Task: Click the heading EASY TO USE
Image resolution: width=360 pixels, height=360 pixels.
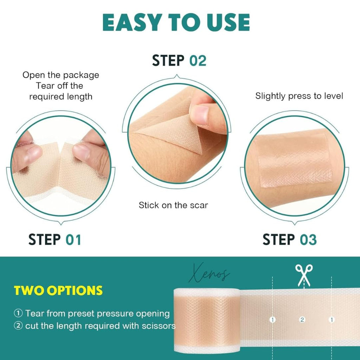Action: coord(176,23)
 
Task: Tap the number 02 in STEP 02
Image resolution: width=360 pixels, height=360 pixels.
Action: coord(198,60)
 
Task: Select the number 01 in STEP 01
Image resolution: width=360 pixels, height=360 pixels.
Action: coord(73,240)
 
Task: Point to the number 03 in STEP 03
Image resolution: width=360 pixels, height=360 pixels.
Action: coord(308,240)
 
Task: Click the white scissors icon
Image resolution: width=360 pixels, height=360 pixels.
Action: coord(304,275)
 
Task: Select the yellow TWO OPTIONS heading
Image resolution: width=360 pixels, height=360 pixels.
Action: coord(58,291)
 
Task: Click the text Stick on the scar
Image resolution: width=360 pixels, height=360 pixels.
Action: coord(173,205)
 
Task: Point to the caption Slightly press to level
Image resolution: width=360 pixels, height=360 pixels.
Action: coord(299,96)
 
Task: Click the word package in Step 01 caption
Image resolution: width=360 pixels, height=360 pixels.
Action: coord(82,75)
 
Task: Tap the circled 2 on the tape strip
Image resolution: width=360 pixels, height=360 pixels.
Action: coord(302,320)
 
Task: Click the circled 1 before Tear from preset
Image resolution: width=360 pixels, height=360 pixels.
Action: coord(18,313)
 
